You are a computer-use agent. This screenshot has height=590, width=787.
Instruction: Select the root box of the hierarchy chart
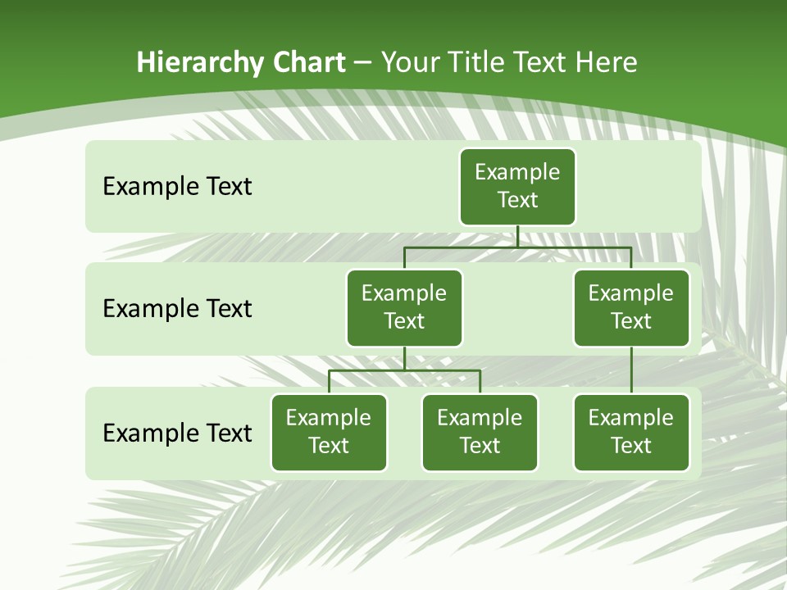pyautogui.click(x=517, y=186)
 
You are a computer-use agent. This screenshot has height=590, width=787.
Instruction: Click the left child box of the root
pyautogui.click(x=404, y=307)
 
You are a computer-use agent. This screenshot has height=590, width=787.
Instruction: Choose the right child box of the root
pyautogui.click(x=631, y=307)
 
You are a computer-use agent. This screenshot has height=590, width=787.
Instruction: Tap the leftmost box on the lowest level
pyautogui.click(x=329, y=432)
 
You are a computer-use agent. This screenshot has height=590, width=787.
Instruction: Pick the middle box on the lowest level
pyautogui.click(x=480, y=432)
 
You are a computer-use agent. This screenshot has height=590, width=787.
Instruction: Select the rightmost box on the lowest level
pyautogui.click(x=631, y=432)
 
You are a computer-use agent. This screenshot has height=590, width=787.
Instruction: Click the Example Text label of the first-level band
pyautogui.click(x=177, y=186)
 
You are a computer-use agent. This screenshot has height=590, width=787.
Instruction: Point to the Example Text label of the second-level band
pyautogui.click(x=177, y=308)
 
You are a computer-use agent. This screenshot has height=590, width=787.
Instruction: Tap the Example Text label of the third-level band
pyautogui.click(x=177, y=432)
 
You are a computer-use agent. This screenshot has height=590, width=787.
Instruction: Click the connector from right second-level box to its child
pyautogui.click(x=631, y=370)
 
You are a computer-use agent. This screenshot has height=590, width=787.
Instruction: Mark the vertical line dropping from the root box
pyautogui.click(x=517, y=236)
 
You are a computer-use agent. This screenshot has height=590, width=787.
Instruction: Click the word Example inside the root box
pyautogui.click(x=517, y=172)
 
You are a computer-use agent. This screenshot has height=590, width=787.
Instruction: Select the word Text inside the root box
pyautogui.click(x=517, y=200)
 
